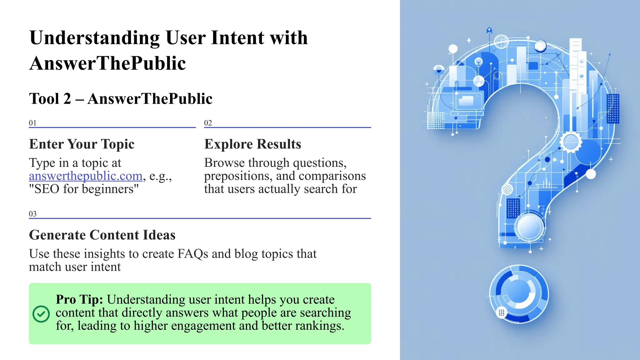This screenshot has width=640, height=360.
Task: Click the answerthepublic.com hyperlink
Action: [x=86, y=176]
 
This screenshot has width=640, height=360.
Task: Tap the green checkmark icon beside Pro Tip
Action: [x=41, y=314]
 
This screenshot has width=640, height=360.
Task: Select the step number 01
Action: [x=32, y=123]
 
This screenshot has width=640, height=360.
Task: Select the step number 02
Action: [x=208, y=123]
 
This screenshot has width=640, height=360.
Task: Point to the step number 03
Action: [x=32, y=214]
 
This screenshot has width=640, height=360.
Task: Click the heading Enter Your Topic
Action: [x=82, y=144]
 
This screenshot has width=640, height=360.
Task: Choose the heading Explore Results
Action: [x=252, y=144]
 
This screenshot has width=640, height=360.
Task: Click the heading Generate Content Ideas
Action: [x=102, y=235]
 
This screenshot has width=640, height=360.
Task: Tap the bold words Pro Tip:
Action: [x=79, y=299]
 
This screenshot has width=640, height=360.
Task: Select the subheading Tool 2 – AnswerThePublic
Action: [x=121, y=99]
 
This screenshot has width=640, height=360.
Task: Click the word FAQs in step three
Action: [x=192, y=254]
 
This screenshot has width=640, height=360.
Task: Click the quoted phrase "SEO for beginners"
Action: [x=84, y=189]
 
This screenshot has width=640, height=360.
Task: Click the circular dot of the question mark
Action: [x=519, y=294]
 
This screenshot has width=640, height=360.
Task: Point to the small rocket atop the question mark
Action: [x=489, y=31]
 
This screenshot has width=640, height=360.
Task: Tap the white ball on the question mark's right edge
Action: [x=590, y=174]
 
